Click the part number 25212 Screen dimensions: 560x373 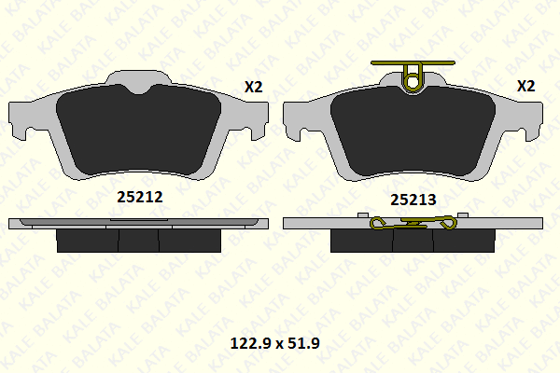(140, 197)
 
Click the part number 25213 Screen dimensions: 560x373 (413, 200)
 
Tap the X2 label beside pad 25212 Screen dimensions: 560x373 (254, 87)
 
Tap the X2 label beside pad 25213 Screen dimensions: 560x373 (526, 86)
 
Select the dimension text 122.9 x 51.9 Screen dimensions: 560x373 (275, 343)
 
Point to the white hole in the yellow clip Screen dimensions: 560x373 (413, 82)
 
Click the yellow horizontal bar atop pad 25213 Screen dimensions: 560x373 (413, 62)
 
